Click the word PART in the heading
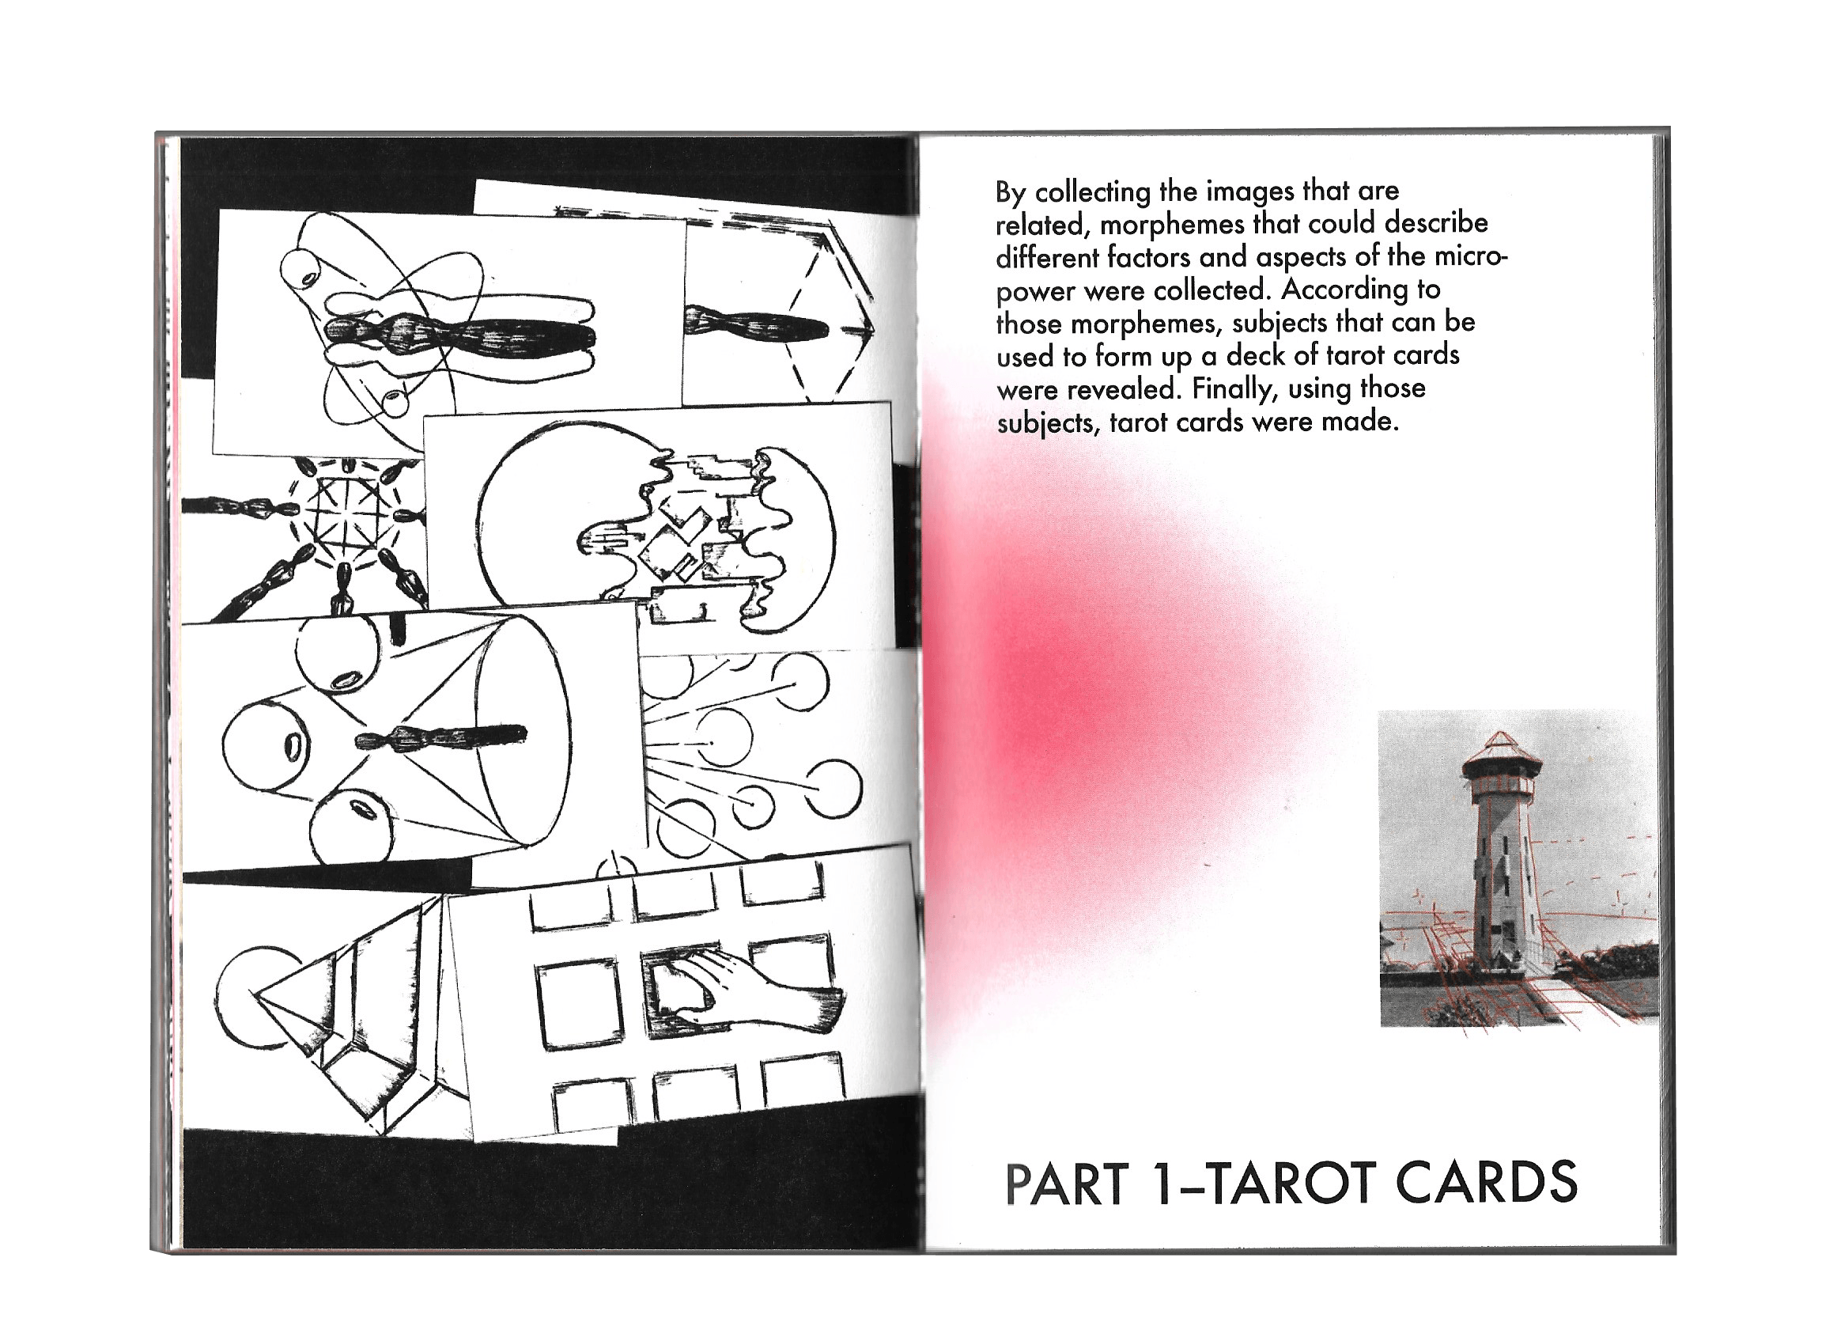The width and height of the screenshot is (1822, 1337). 1066,1185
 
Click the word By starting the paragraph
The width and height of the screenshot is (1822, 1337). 1011,193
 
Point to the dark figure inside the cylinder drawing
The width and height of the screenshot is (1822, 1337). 442,737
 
